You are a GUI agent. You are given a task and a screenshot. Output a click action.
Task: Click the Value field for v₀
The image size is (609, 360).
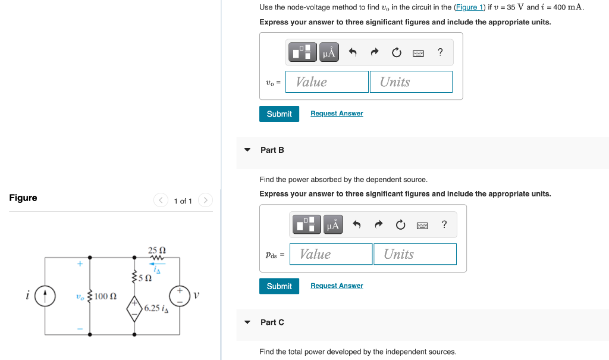tap(327, 82)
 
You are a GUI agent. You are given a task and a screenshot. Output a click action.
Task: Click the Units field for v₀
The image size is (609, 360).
tap(411, 82)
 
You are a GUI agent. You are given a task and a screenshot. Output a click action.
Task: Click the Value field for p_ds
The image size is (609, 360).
tap(331, 255)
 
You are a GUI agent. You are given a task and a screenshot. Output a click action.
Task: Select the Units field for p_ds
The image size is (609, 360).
tap(415, 255)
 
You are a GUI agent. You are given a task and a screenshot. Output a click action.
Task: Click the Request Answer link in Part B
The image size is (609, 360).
tap(337, 286)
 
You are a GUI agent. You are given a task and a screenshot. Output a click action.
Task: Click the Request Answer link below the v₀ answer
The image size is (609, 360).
tap(337, 114)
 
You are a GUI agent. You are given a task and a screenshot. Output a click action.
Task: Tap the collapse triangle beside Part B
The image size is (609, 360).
tap(247, 150)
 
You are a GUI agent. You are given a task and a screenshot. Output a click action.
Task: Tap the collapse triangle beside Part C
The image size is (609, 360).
tap(247, 323)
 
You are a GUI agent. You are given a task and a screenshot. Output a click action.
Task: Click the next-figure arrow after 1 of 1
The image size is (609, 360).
tap(205, 201)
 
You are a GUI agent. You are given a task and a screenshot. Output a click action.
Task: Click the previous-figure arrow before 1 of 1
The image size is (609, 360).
tap(161, 201)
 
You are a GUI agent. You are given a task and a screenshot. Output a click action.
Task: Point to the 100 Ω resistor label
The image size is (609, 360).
tap(105, 296)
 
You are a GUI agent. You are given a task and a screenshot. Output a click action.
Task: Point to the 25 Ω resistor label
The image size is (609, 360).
tap(156, 251)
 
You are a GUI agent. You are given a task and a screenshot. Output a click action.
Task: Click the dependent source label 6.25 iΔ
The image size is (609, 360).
tap(155, 308)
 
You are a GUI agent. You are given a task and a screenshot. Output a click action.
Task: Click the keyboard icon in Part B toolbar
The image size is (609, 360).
tap(422, 225)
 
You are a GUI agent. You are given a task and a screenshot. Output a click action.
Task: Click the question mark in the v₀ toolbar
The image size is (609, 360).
tap(440, 52)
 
